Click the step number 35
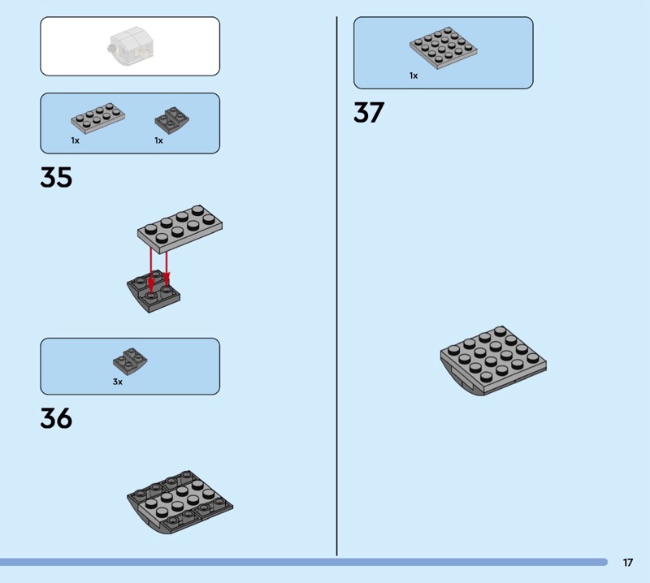click(56, 177)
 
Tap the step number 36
click(56, 418)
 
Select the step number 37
click(368, 113)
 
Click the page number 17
click(628, 562)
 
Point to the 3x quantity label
click(118, 382)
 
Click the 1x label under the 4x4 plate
click(414, 76)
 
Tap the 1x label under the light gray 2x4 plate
click(75, 140)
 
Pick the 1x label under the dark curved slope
click(158, 140)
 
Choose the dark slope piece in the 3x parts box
click(130, 360)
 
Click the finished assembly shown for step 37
click(494, 359)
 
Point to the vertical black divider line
click(337, 284)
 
